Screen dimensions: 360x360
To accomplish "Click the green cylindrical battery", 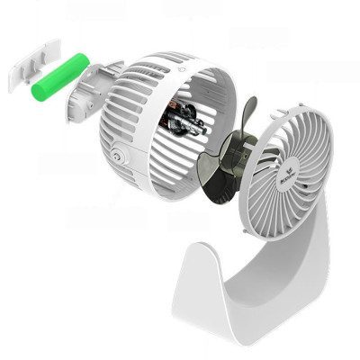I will point(59,77).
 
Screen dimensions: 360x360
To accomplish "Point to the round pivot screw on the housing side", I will point(119,160).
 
